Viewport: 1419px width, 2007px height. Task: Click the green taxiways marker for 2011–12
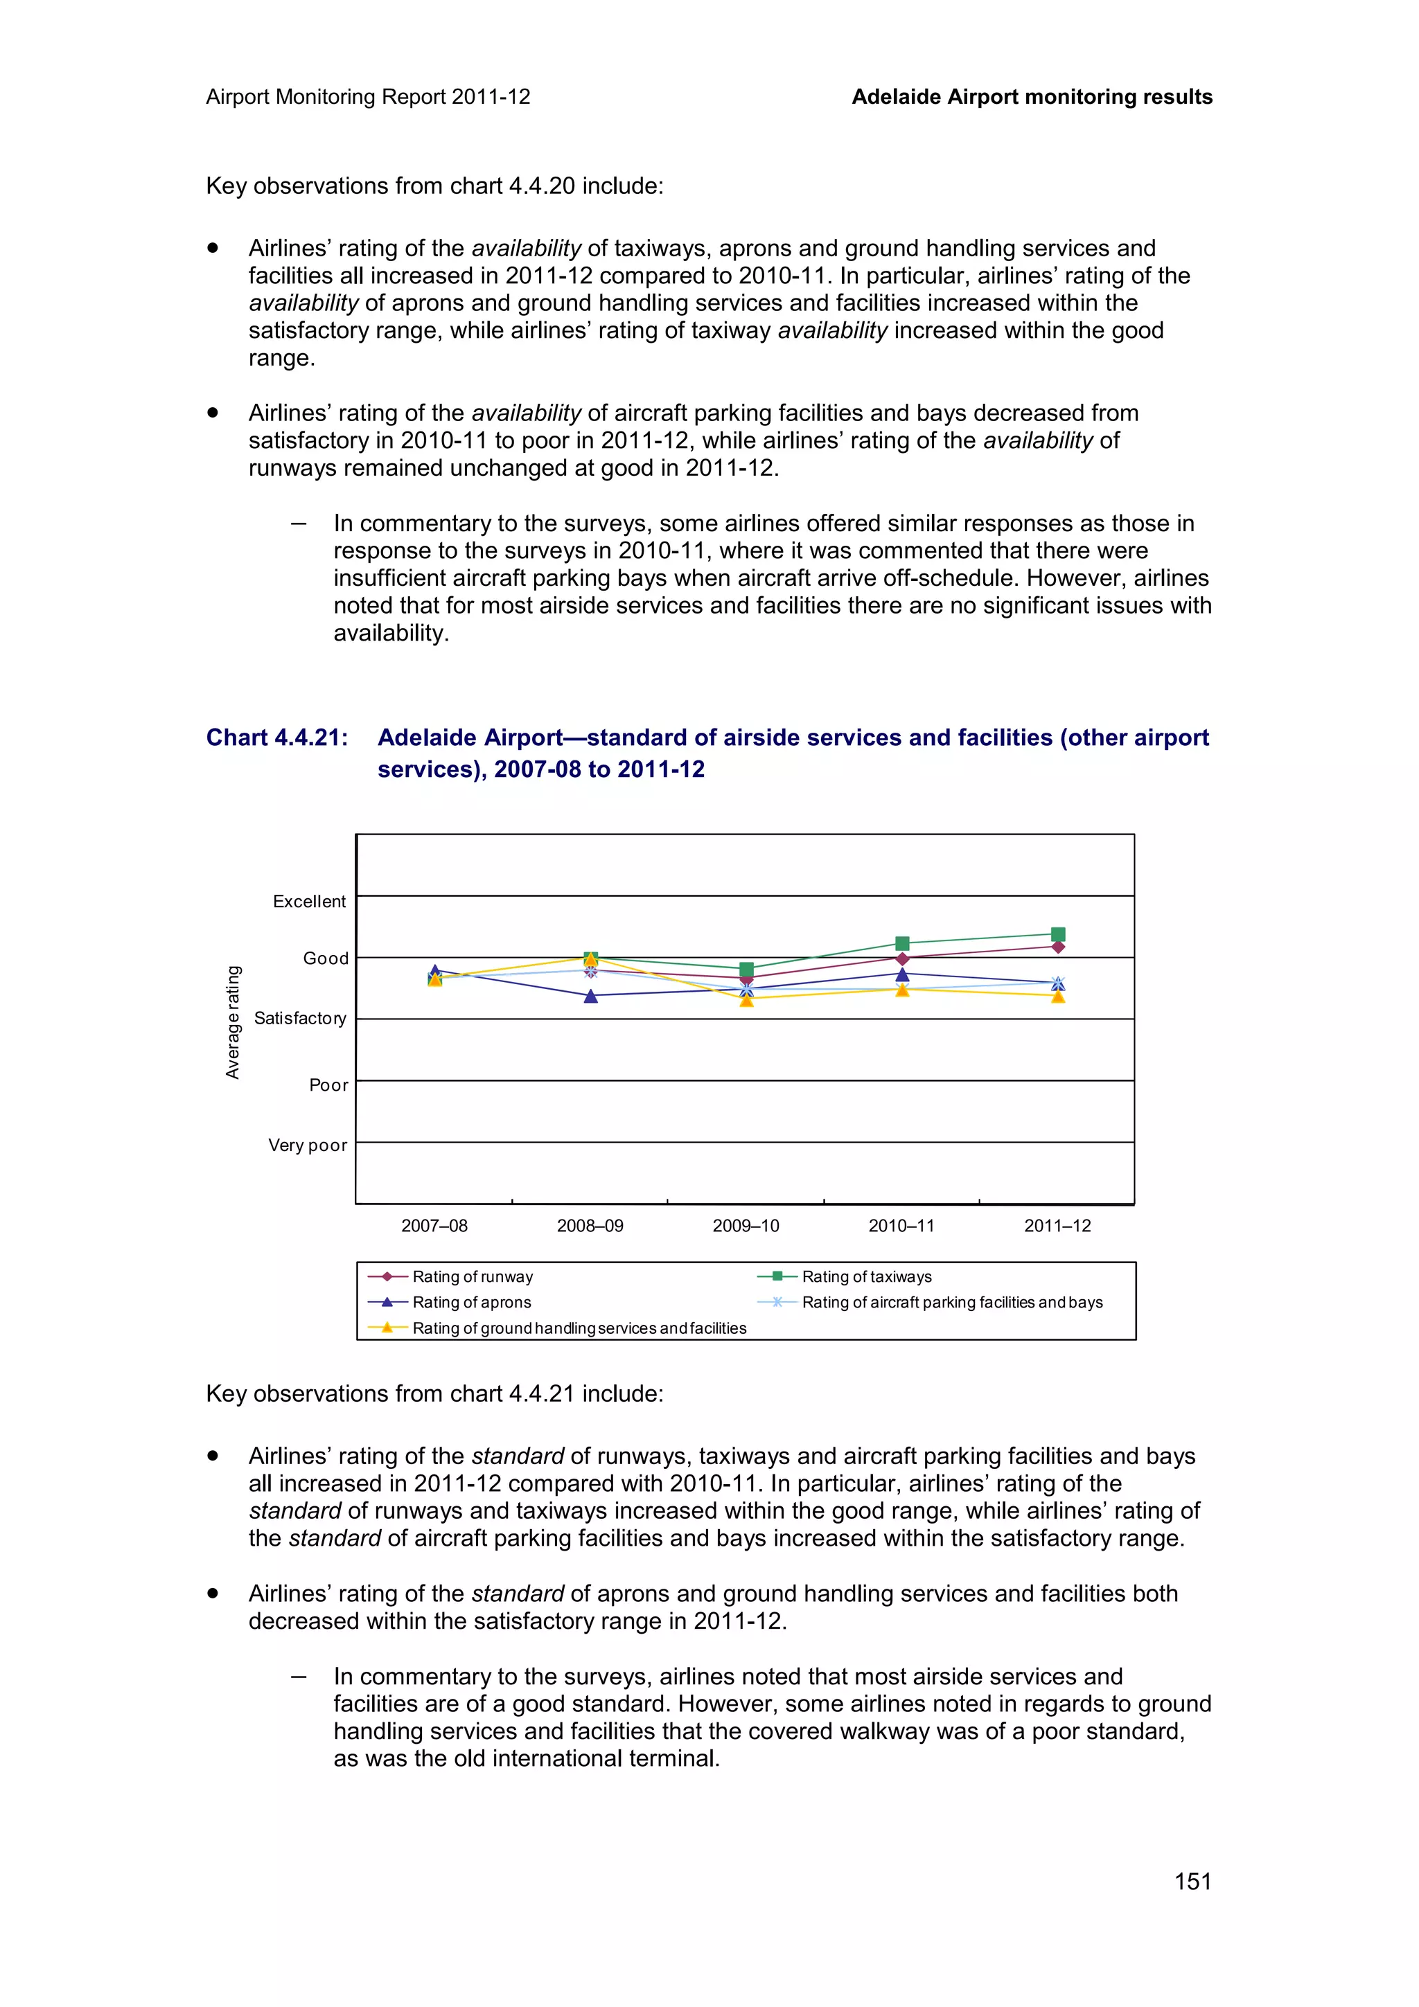click(x=1058, y=934)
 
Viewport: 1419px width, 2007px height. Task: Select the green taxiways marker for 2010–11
click(x=902, y=943)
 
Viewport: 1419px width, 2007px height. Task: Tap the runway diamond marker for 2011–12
click(x=1058, y=947)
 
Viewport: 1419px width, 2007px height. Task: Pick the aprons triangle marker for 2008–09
click(x=590, y=996)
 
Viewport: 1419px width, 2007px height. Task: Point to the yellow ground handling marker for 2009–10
click(x=747, y=1000)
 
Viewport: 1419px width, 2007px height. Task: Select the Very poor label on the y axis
click(x=307, y=1145)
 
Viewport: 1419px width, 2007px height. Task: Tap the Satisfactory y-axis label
click(x=300, y=1018)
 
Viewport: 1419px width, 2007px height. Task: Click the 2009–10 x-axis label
click(x=746, y=1226)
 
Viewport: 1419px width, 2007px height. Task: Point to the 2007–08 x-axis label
click(x=434, y=1226)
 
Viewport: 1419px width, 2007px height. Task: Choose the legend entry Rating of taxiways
click(x=865, y=1276)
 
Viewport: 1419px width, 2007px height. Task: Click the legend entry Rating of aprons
click(x=471, y=1303)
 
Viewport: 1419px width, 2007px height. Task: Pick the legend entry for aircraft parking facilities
click(x=951, y=1303)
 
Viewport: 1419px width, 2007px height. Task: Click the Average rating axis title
click(x=233, y=1022)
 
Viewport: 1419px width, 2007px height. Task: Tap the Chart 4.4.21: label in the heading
click(x=277, y=738)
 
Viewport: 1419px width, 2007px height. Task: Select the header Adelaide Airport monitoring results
click(x=1032, y=97)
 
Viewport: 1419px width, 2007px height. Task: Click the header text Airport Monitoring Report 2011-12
click(x=368, y=97)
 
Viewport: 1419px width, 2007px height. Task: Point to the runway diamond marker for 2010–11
click(x=902, y=959)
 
